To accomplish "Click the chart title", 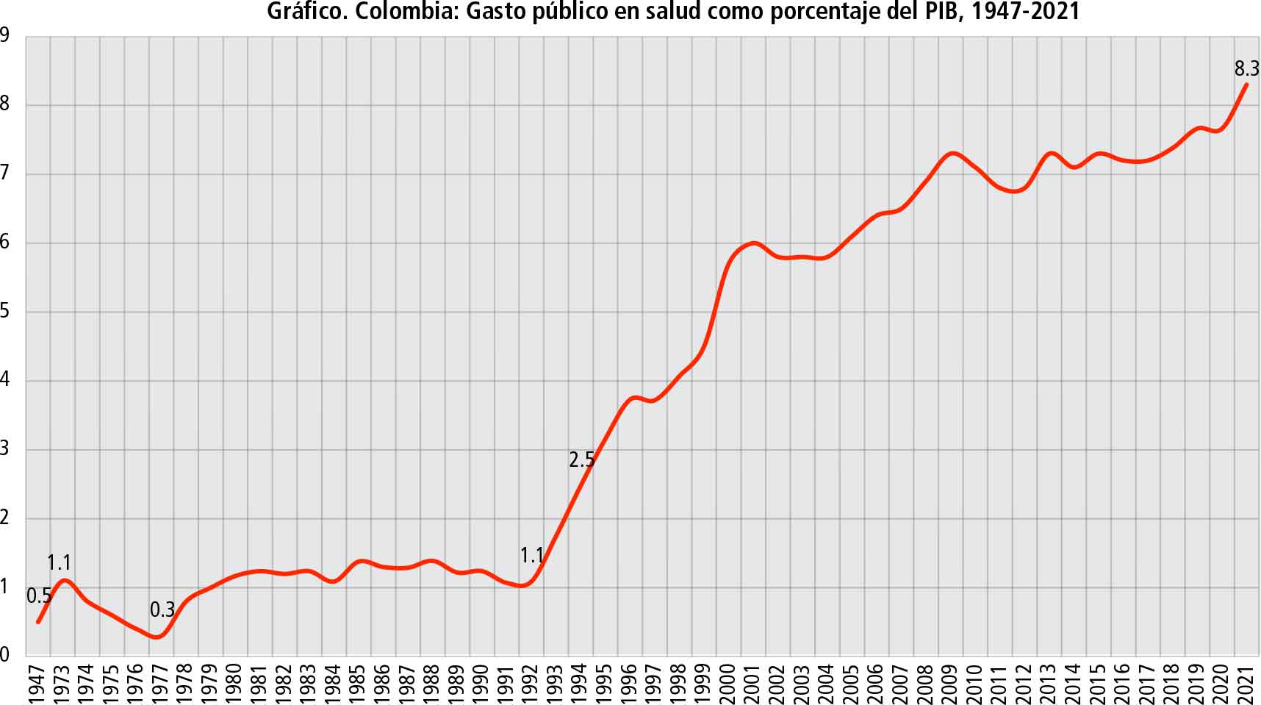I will [x=673, y=12].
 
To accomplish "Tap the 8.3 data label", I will [x=1246, y=69].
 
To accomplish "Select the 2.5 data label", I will [x=581, y=460].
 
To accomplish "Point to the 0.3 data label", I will [x=162, y=609].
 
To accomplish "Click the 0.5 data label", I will [x=39, y=596].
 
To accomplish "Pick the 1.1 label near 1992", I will [x=532, y=556].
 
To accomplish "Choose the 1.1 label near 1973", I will [x=59, y=563].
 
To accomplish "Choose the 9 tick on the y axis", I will [x=5, y=35].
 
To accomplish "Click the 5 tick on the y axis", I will [x=5, y=311].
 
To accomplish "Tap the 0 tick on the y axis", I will [x=5, y=654].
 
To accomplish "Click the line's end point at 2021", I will [x=1246, y=85].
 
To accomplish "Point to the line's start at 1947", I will [x=38, y=622].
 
